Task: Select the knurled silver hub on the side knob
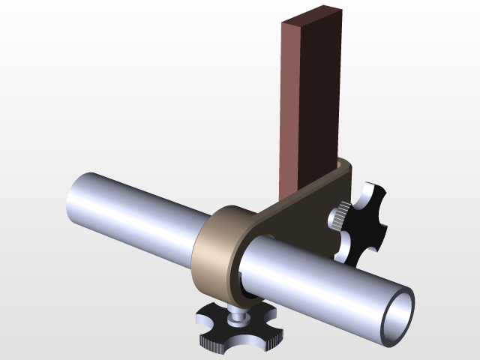[337, 218]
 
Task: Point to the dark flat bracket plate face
[300, 217]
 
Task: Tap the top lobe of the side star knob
[371, 193]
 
